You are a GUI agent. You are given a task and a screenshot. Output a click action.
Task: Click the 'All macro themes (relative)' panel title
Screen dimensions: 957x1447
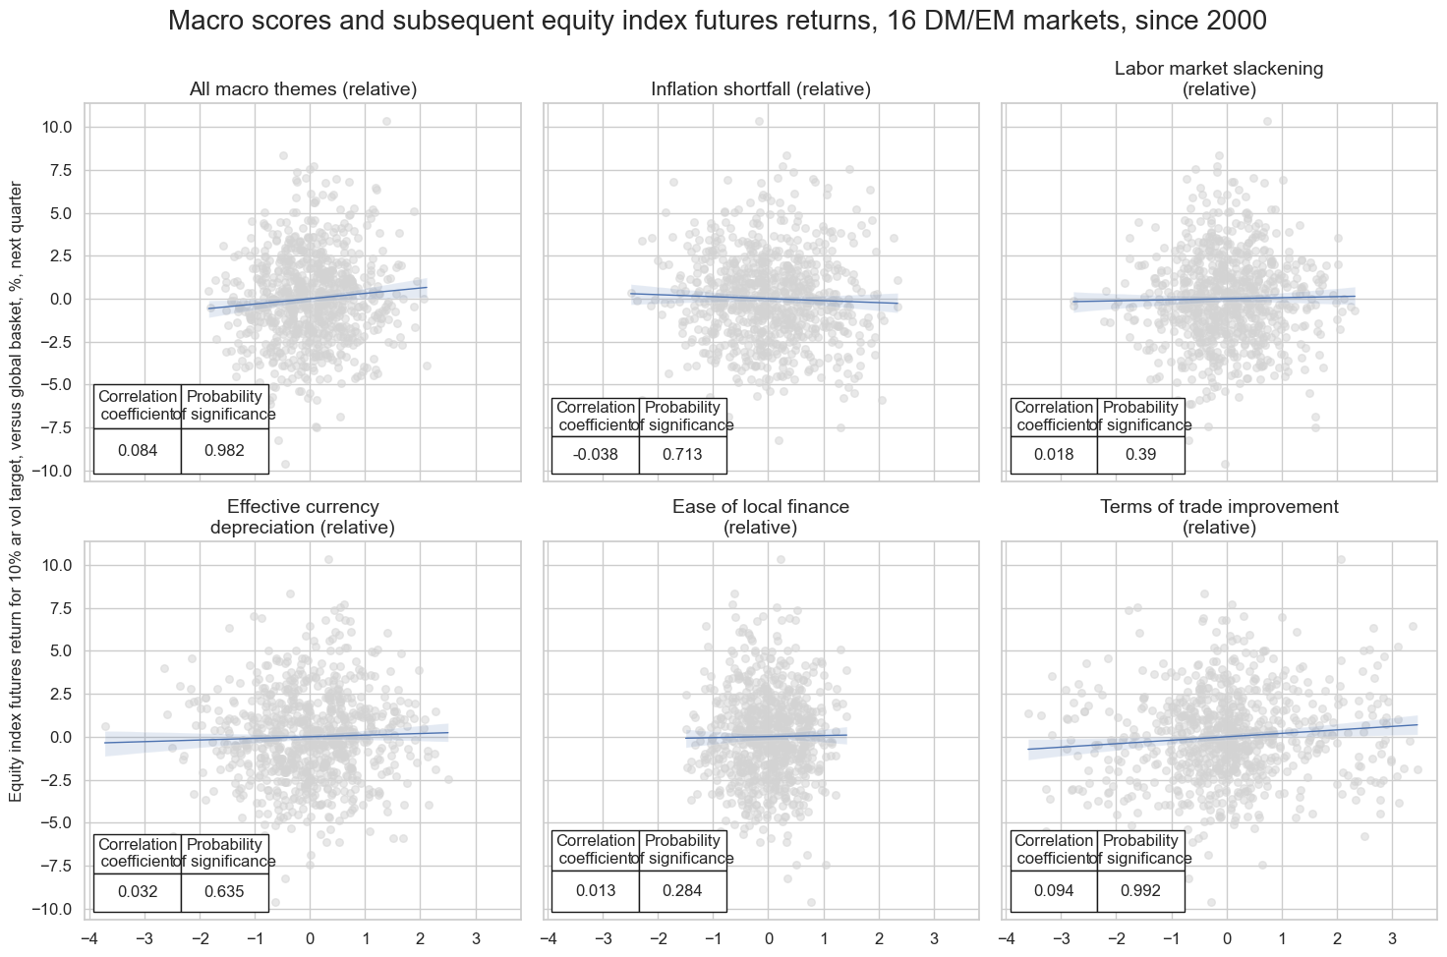pyautogui.click(x=303, y=89)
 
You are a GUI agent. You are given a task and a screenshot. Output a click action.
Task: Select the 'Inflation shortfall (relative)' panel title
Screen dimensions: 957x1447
pyautogui.click(x=761, y=89)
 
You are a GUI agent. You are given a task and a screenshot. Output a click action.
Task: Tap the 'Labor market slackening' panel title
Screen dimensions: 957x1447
pyautogui.click(x=1219, y=79)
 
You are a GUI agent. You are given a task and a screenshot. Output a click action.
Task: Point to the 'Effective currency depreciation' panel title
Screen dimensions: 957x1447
pyautogui.click(x=303, y=517)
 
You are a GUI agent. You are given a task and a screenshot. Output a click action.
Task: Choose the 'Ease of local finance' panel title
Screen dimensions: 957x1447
pyautogui.click(x=761, y=517)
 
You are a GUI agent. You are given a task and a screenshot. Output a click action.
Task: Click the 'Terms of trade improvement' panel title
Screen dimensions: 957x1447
pyautogui.click(x=1219, y=517)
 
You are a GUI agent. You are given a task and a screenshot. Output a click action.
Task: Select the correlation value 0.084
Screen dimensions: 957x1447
pyautogui.click(x=137, y=451)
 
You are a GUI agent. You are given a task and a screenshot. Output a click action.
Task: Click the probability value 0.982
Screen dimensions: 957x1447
pyautogui.click(x=224, y=451)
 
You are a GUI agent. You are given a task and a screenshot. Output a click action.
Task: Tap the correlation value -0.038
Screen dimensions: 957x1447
pyautogui.click(x=595, y=455)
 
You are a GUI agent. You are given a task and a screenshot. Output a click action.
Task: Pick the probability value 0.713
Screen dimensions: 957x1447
pyautogui.click(x=682, y=455)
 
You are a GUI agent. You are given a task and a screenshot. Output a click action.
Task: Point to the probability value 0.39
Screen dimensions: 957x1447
pyautogui.click(x=1140, y=455)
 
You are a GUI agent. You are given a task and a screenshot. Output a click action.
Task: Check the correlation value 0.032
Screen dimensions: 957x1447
pyautogui.click(x=137, y=892)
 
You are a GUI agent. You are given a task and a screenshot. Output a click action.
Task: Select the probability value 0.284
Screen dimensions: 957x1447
pyautogui.click(x=682, y=890)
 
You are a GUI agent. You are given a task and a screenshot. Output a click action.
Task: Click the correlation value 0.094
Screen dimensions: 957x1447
pyautogui.click(x=1054, y=890)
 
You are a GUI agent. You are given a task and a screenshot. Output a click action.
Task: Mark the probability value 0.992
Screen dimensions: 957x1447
pyautogui.click(x=1140, y=890)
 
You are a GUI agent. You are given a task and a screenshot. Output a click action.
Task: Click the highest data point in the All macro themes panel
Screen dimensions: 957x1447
pyautogui.click(x=386, y=122)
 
